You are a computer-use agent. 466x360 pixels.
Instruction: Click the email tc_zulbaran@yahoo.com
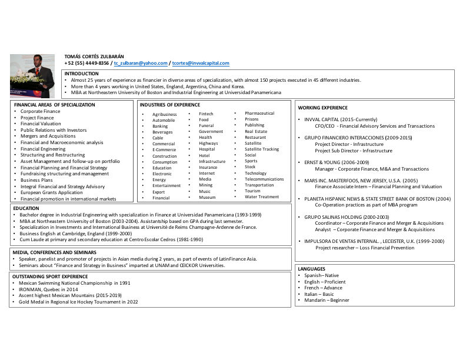(x=141, y=63)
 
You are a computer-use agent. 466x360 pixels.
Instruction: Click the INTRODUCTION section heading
(x=82, y=74)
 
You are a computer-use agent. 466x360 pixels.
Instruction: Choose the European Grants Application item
(x=51, y=192)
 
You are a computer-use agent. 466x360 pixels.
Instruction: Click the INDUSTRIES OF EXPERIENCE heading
(x=169, y=105)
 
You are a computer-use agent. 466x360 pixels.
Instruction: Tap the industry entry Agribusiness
(x=164, y=114)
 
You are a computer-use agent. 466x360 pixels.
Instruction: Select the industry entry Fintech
(x=206, y=114)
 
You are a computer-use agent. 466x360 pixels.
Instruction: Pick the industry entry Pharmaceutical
(x=259, y=113)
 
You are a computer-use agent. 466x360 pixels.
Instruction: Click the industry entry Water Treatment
(x=262, y=197)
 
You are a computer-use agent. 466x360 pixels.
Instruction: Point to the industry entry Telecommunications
(x=264, y=179)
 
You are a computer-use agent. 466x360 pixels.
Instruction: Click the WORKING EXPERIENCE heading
(x=322, y=108)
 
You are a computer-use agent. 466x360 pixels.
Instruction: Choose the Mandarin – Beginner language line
(x=327, y=300)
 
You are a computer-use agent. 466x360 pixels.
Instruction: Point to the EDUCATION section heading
(x=26, y=208)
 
